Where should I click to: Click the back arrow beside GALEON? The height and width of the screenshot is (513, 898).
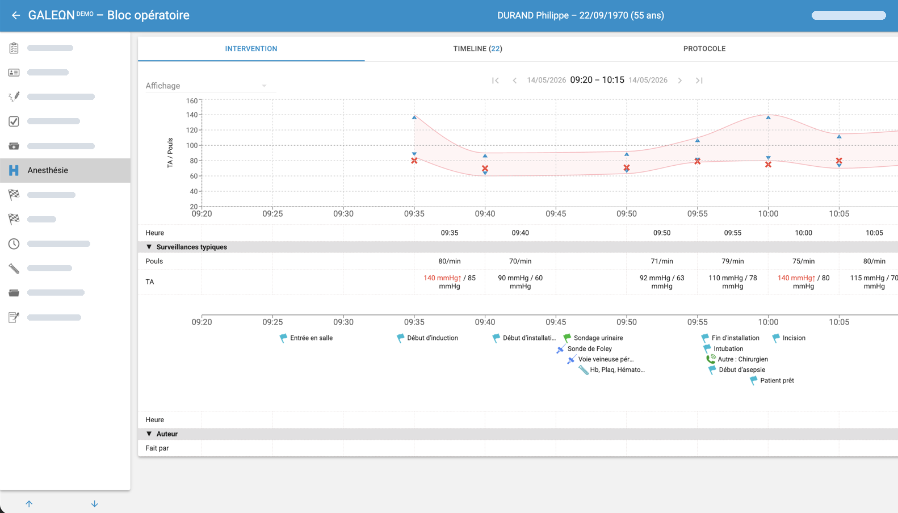tap(16, 15)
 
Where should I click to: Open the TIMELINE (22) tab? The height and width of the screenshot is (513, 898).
tap(477, 48)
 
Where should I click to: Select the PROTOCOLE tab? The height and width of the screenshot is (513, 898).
tap(704, 48)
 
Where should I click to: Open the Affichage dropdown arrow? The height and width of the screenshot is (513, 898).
tap(264, 86)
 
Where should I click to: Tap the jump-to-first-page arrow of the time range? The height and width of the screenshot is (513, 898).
tap(496, 81)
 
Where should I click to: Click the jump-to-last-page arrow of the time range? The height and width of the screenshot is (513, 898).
tap(699, 81)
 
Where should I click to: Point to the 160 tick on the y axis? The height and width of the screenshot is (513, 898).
tap(192, 100)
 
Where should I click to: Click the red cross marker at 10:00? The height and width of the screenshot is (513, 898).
tap(768, 165)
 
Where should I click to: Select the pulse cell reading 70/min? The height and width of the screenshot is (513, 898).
tap(520, 261)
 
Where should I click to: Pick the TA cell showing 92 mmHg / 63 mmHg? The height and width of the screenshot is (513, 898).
tap(661, 281)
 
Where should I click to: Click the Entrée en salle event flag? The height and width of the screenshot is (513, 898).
tap(283, 338)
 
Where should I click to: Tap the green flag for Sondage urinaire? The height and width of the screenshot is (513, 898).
tap(567, 338)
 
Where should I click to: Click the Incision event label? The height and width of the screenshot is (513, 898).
tap(794, 338)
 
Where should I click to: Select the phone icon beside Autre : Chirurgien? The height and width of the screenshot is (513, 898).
tap(711, 359)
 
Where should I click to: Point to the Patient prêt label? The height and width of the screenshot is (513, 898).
tap(777, 380)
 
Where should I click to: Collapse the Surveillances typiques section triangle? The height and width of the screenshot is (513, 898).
tap(149, 247)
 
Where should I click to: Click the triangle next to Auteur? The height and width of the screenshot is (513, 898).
tap(149, 434)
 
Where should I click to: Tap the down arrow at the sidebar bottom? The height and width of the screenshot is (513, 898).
tap(95, 504)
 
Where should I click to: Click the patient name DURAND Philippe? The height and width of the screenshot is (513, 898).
tap(533, 15)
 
